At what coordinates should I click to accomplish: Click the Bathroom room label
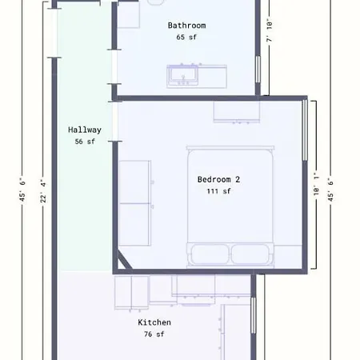[186, 26]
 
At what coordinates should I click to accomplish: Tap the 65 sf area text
[186, 38]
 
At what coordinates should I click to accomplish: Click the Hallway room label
[84, 129]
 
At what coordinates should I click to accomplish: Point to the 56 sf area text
[84, 142]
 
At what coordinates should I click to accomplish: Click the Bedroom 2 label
[218, 179]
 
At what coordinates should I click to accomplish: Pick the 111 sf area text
[218, 191]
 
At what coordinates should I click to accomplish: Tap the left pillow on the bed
[209, 254]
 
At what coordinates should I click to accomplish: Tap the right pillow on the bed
[251, 254]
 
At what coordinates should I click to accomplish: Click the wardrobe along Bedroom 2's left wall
[135, 194]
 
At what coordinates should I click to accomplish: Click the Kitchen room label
[154, 322]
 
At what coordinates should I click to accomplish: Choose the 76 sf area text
[154, 334]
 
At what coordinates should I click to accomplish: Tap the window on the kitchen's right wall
[253, 320]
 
